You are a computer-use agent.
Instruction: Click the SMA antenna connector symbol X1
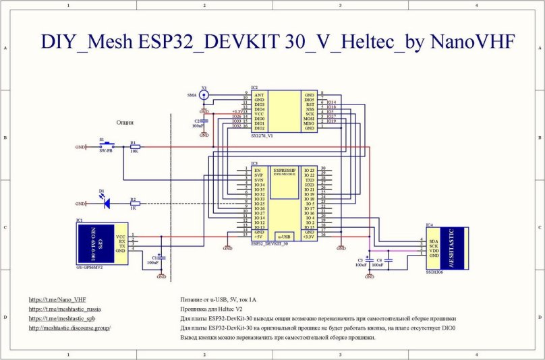[x=204, y=96]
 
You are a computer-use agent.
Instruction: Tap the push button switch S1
[x=107, y=146]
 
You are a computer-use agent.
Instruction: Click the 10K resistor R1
[x=134, y=146]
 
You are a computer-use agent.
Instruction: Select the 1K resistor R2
[x=134, y=203]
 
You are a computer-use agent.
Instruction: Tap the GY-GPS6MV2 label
[x=91, y=266]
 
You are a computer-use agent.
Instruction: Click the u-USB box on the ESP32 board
[x=285, y=237]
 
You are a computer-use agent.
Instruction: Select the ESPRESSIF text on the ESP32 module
[x=285, y=171]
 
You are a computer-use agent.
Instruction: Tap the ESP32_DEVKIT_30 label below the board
[x=269, y=243]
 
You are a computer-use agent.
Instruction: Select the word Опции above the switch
[x=124, y=123]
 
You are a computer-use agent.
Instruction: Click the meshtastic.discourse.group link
[x=69, y=328]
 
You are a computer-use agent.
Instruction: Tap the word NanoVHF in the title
[x=472, y=43]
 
